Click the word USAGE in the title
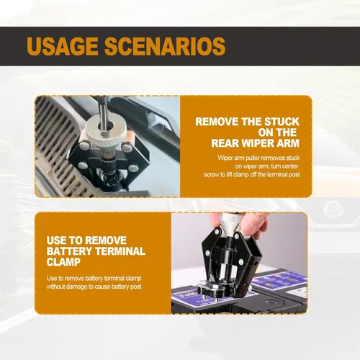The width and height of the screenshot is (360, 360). click(63, 46)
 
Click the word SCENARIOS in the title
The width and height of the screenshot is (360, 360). click(165, 46)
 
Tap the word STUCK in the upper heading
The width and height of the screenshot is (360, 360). click(282, 122)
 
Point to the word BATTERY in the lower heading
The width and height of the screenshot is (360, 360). click(69, 251)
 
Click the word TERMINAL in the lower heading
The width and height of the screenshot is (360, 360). click(120, 251)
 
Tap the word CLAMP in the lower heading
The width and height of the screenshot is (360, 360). click(63, 262)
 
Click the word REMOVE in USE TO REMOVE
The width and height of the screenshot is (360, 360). click(106, 240)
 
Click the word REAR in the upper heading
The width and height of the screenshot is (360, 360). click(225, 143)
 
